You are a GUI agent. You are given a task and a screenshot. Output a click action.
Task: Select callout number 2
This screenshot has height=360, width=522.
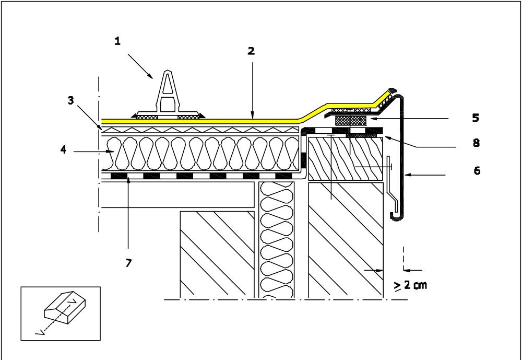pyautogui.click(x=251, y=51)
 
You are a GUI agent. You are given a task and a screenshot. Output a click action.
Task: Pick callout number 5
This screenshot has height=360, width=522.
pyautogui.click(x=475, y=118)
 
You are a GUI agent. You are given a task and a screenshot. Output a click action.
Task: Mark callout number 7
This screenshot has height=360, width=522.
pyautogui.click(x=128, y=262)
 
